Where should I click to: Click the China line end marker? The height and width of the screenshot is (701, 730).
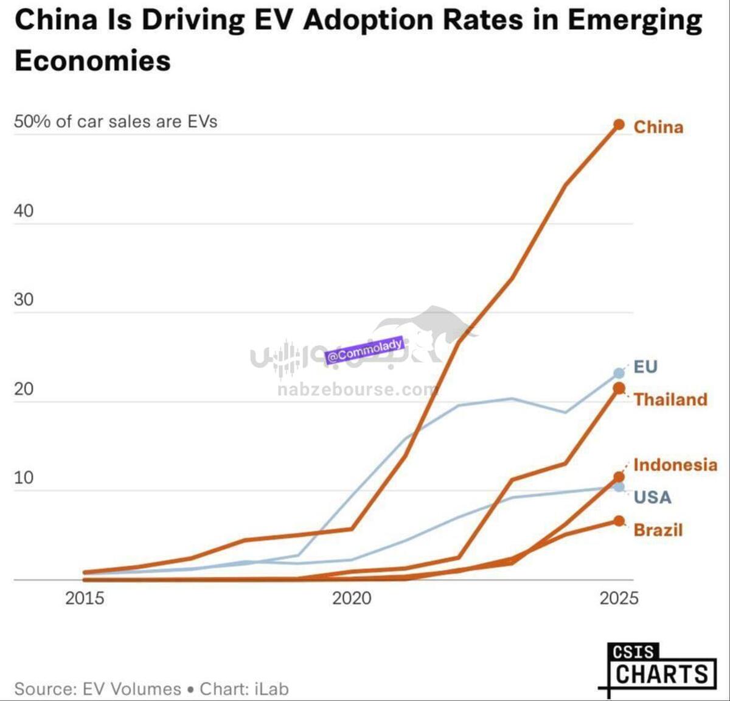coord(619,125)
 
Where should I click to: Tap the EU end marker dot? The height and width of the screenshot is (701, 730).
coord(619,373)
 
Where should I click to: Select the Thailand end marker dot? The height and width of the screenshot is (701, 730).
coord(619,388)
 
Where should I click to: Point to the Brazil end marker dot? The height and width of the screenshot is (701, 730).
coord(619,521)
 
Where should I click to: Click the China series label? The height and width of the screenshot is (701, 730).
coord(658,127)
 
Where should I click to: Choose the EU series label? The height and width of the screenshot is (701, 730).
coord(645,367)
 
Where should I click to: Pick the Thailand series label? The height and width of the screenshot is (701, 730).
coord(670,400)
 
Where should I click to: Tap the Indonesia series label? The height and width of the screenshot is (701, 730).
coord(675,465)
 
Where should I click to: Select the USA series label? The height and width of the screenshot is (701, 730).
coord(652,497)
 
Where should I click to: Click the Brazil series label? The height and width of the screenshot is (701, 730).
coord(658,530)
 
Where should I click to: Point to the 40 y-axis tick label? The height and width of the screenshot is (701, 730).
coord(24,211)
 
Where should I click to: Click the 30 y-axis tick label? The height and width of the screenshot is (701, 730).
coord(24,300)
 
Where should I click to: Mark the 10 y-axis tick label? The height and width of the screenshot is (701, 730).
coord(24,477)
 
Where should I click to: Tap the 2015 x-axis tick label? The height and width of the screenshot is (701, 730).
coord(85,598)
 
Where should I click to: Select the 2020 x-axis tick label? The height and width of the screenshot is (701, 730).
coord(352,598)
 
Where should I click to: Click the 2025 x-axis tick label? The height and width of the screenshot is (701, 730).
coord(619,598)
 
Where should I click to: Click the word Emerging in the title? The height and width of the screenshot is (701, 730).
coord(634,19)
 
